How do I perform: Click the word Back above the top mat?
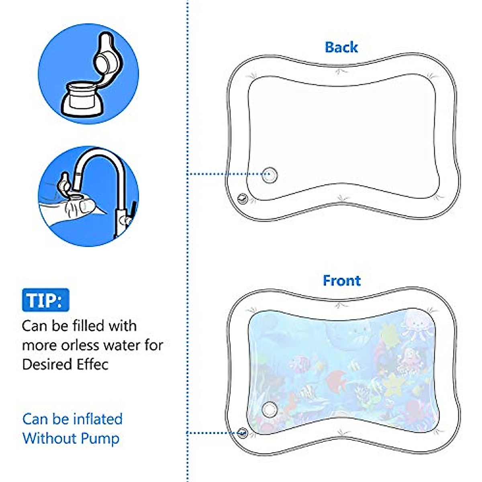coord(341,47)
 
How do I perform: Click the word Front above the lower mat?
coord(341,280)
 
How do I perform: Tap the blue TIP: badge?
coord(45,300)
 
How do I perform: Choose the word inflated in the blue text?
coord(98,419)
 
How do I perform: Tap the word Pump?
coord(100,438)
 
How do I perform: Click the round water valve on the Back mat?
coord(270,175)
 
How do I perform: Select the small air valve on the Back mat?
coord(242,198)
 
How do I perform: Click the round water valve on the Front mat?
coord(270,410)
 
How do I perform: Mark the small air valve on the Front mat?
coord(242,433)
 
